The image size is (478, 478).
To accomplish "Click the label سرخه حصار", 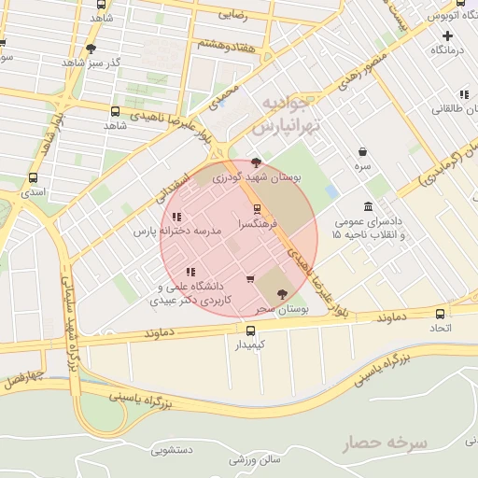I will [383, 443].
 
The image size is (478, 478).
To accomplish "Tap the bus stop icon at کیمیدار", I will [249, 330].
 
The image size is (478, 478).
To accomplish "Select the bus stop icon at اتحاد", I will [440, 314].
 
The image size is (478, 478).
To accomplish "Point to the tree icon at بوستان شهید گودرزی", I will [257, 162].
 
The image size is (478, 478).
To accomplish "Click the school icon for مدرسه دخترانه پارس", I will [176, 217].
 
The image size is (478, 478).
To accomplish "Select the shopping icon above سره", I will [362, 151].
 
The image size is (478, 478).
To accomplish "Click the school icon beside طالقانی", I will [464, 93].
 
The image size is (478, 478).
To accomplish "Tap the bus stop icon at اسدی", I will [34, 177].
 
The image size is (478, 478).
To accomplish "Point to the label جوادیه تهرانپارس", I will [289, 112].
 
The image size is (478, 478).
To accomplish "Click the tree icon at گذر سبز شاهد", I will [91, 49].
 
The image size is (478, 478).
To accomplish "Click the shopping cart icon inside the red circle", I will [249, 278].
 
